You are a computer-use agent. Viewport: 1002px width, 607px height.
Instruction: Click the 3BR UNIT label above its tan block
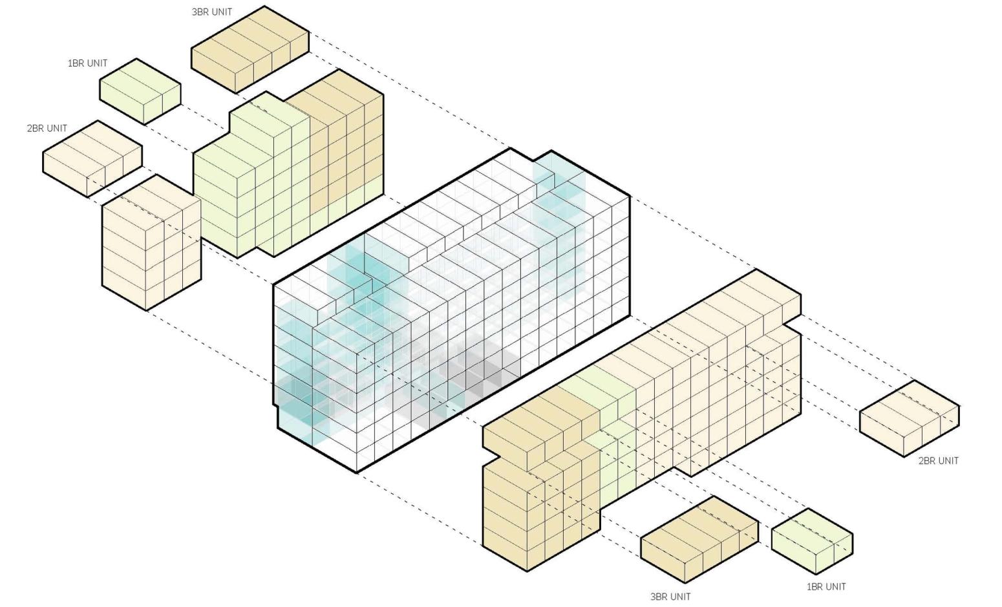pyautogui.click(x=211, y=12)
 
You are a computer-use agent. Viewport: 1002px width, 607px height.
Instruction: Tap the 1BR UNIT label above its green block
pyautogui.click(x=87, y=63)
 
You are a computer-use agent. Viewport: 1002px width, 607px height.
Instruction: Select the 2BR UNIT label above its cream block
pyautogui.click(x=47, y=128)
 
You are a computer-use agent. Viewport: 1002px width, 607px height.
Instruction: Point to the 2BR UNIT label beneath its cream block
pyautogui.click(x=938, y=461)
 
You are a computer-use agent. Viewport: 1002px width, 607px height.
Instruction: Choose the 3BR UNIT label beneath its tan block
pyautogui.click(x=670, y=597)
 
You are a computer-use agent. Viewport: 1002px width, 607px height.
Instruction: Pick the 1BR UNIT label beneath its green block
pyautogui.click(x=826, y=587)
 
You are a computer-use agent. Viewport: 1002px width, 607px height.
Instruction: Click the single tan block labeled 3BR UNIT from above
pyautogui.click(x=250, y=49)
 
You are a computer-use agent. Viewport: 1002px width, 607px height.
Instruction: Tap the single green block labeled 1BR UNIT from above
pyautogui.click(x=140, y=91)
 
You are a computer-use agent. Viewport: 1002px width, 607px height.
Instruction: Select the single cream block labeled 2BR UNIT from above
pyautogui.click(x=92, y=157)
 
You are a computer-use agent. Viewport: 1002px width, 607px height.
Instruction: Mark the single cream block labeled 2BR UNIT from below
pyautogui.click(x=909, y=418)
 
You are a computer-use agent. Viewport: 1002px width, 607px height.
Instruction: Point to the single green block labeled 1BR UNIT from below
pyautogui.click(x=812, y=540)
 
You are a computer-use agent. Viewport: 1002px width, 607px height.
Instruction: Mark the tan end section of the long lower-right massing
pyautogui.click(x=537, y=491)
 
